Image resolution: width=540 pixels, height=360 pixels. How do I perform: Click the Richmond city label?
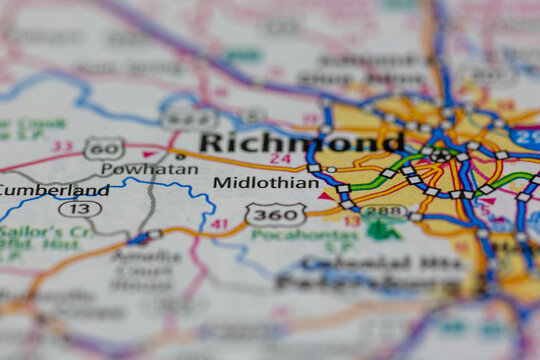coord(301,142)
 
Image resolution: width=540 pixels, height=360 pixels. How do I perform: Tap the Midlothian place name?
coord(266,183)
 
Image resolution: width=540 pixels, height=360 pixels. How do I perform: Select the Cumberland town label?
coord(54,190)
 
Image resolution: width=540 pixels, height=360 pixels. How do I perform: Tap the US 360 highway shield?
coord(276,213)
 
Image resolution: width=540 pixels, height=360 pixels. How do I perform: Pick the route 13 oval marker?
coord(80,209)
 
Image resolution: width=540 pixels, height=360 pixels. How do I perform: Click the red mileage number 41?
coord(219,225)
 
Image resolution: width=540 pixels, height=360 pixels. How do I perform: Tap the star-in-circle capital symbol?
coord(441,155)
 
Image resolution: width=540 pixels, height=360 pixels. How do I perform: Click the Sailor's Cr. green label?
coord(33,233)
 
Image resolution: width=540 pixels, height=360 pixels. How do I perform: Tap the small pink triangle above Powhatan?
coord(151,154)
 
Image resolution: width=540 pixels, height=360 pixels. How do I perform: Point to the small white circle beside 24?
coord(331,170)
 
